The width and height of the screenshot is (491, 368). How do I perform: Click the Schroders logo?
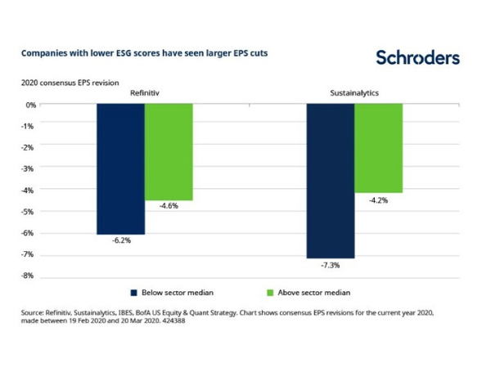[417, 57]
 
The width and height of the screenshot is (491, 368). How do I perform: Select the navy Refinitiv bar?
[120, 169]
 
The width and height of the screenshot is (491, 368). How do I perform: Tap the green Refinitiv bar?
[169, 152]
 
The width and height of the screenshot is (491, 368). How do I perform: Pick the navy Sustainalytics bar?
[331, 181]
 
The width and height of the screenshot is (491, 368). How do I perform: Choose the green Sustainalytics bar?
[378, 148]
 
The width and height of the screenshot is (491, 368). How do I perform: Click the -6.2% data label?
[120, 242]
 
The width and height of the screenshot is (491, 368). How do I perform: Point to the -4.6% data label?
[168, 207]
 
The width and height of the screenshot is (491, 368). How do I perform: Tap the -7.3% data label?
[331, 265]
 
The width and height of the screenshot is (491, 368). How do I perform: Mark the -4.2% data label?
[378, 200]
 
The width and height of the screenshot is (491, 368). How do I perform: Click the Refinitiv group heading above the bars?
[144, 93]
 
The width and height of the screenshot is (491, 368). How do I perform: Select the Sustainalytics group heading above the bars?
[354, 93]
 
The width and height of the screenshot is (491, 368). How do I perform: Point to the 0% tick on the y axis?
[31, 105]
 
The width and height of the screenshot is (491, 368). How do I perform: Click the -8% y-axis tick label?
[29, 276]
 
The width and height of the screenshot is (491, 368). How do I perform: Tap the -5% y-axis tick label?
[29, 212]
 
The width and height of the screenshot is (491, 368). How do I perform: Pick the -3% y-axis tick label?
[29, 168]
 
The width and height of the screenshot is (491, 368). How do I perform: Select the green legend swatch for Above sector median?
[267, 291]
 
